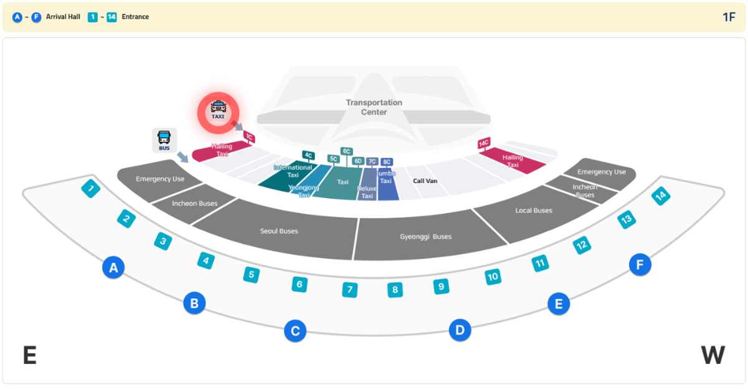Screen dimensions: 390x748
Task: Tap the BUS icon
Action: [164, 140]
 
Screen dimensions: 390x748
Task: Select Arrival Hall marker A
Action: [113, 268]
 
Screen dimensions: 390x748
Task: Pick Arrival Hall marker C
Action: [295, 331]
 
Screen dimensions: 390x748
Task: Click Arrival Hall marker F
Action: [640, 265]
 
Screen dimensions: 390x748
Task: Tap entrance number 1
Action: [91, 188]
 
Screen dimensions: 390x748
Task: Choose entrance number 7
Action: [350, 290]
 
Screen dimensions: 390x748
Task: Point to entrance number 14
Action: [661, 196]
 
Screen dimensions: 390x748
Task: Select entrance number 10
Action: [493, 277]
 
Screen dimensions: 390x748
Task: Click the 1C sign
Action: [249, 136]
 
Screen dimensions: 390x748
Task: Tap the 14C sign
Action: [483, 144]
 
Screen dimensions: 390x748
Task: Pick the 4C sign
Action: [308, 155]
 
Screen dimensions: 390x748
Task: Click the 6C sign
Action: [347, 151]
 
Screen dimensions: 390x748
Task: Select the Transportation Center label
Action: [374, 107]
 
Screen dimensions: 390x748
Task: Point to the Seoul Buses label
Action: [279, 231]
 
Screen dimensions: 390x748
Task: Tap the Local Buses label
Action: [534, 211]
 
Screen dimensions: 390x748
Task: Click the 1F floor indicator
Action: [729, 17]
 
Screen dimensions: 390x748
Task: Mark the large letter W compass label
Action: [712, 356]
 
